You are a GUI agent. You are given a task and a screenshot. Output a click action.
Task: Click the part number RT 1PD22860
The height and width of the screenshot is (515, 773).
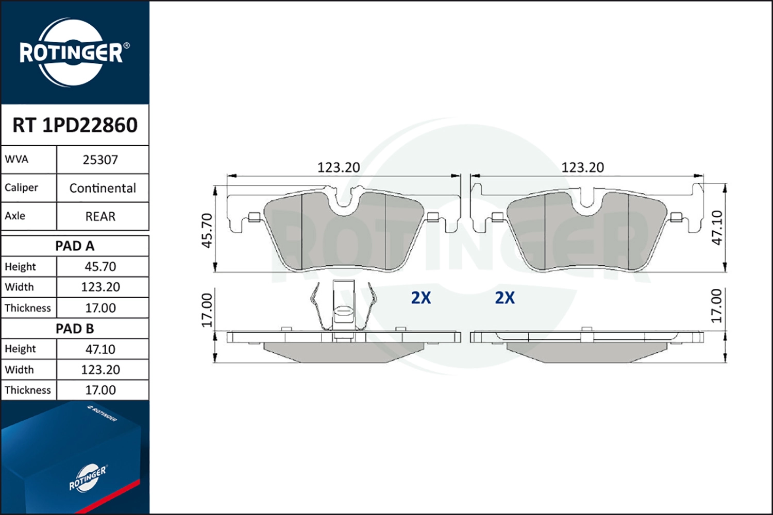click(x=75, y=125)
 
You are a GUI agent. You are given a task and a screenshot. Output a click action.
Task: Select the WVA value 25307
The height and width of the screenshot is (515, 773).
click(x=100, y=160)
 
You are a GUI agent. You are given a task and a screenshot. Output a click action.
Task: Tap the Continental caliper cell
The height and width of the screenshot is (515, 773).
click(x=103, y=188)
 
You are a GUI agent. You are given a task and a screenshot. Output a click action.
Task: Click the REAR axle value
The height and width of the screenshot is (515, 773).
click(x=100, y=216)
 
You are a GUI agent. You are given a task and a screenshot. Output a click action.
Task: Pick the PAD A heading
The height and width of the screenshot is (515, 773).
click(x=75, y=246)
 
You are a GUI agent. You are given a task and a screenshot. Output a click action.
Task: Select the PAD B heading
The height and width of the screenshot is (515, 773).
click(x=75, y=329)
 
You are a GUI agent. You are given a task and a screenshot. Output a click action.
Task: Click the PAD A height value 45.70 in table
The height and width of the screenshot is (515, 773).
click(x=100, y=267)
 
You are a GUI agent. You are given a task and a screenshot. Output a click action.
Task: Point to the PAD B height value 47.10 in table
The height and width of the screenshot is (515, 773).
click(x=100, y=349)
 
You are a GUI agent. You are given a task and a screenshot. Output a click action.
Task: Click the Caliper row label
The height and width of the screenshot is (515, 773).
click(x=21, y=187)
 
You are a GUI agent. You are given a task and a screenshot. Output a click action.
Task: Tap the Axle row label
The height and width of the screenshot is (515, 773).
click(x=15, y=216)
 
